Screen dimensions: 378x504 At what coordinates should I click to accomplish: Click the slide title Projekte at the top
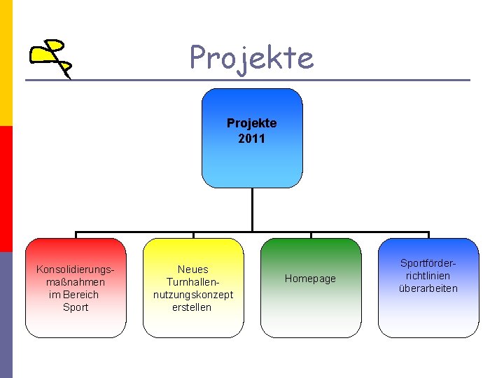click(x=251, y=57)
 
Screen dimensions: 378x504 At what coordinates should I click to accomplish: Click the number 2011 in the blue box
click(x=252, y=139)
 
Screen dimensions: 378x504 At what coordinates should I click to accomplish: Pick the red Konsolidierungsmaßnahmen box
click(x=76, y=322)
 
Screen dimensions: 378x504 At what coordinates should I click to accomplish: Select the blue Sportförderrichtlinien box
click(x=428, y=315)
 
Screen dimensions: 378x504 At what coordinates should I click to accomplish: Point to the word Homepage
click(x=310, y=279)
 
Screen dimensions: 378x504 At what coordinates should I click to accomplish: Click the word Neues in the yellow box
click(x=193, y=269)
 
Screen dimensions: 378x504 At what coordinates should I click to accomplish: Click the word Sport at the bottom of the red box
click(x=76, y=307)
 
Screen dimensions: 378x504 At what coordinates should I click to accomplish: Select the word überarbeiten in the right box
click(x=428, y=288)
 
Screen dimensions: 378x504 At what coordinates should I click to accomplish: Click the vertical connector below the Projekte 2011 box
click(x=252, y=210)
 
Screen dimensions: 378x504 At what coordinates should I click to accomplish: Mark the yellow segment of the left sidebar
click(x=6, y=63)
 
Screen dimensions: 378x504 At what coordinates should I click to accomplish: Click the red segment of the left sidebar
click(x=6, y=189)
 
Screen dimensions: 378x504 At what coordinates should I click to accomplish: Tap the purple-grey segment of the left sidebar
click(x=6, y=315)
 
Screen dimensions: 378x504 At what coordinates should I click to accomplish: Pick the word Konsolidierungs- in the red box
click(x=76, y=269)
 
